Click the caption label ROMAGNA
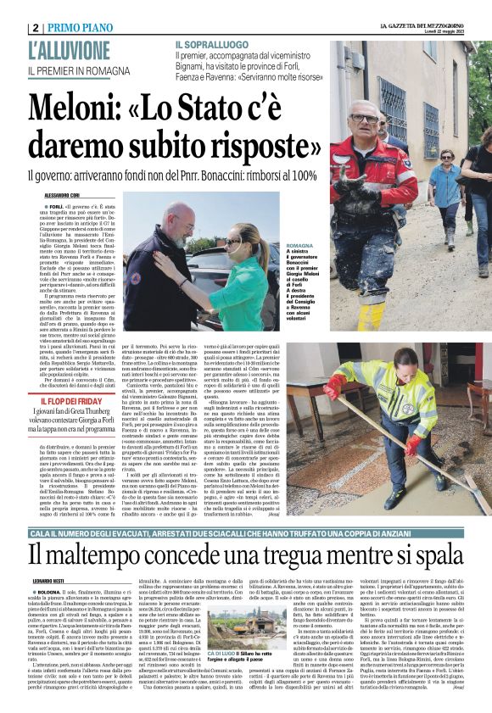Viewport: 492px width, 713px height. click(345, 245)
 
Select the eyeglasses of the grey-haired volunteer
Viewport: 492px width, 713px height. click(363, 119)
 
